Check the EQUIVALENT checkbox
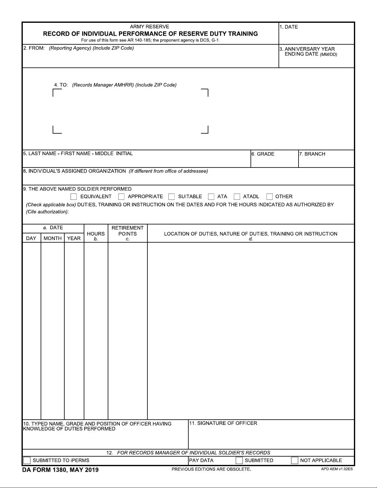tap(74, 196)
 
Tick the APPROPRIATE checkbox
tap(121, 196)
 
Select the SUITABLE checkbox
tap(171, 196)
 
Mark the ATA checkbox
tap(211, 196)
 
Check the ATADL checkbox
tap(237, 196)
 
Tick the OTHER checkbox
tap(269, 196)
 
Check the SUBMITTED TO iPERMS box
tap(27, 460)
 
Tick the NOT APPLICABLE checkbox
tap(295, 460)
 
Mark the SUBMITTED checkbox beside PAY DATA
tap(239, 460)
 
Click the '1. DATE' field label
tap(289, 27)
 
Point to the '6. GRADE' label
tap(263, 154)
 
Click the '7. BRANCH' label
tap(312, 154)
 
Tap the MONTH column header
tap(53, 238)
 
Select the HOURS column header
tap(96, 234)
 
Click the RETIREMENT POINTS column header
tap(127, 231)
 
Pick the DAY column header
tap(31, 238)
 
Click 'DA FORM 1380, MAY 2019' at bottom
tap(60, 470)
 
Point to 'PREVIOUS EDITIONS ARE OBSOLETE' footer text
tap(211, 469)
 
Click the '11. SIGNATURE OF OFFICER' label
tap(223, 423)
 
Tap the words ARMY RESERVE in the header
tap(150, 27)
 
